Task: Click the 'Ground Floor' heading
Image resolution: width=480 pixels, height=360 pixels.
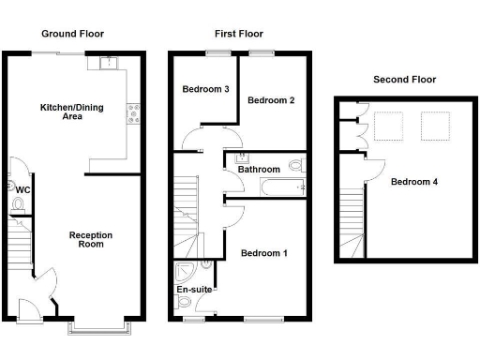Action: click(x=72, y=34)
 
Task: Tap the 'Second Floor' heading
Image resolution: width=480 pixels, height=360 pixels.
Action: click(x=404, y=80)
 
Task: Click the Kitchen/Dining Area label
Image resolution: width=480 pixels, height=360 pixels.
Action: click(x=71, y=112)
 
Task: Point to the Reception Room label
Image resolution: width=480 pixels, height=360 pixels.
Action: click(x=92, y=239)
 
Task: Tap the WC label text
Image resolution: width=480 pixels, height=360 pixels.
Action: click(x=22, y=189)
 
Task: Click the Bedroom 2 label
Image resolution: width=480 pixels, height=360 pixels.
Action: click(x=271, y=100)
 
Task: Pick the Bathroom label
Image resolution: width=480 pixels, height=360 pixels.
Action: click(x=259, y=170)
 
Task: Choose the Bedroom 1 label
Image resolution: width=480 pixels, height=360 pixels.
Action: click(x=264, y=253)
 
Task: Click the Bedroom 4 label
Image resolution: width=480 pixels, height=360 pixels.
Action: click(x=413, y=181)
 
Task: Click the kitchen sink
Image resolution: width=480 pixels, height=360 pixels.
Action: click(x=111, y=64)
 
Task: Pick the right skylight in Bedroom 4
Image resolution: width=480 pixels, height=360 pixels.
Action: click(x=434, y=126)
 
